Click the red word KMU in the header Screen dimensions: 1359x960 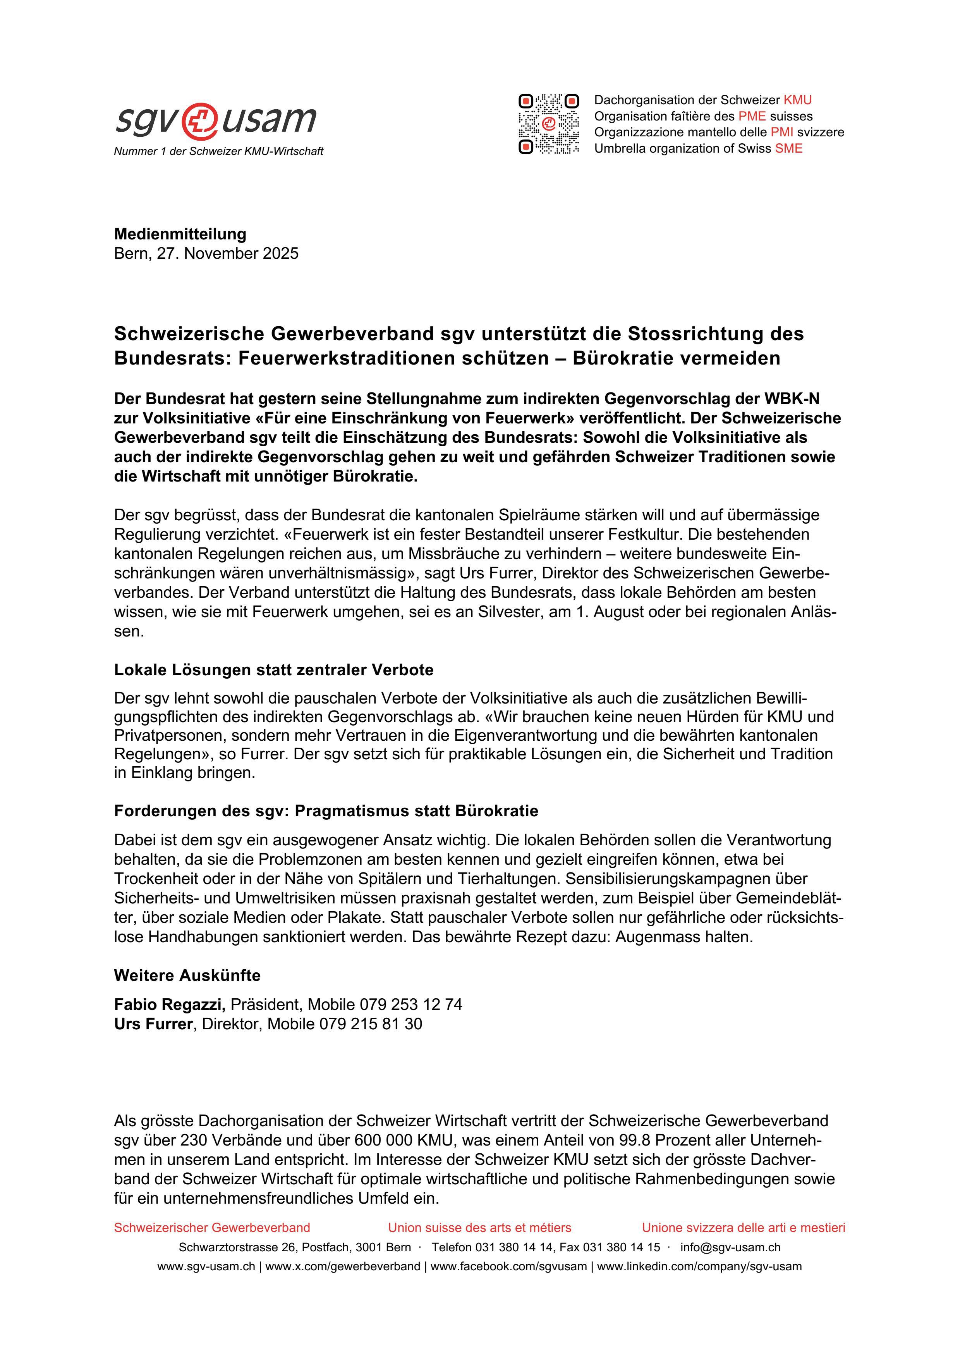(x=797, y=100)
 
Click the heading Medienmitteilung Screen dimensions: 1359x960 (x=180, y=234)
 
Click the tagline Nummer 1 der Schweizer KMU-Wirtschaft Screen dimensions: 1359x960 (x=218, y=151)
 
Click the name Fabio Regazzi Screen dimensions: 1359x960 (x=170, y=1005)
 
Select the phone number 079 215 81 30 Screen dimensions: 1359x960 (x=370, y=1024)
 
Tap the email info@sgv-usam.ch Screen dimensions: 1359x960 (x=730, y=1247)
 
